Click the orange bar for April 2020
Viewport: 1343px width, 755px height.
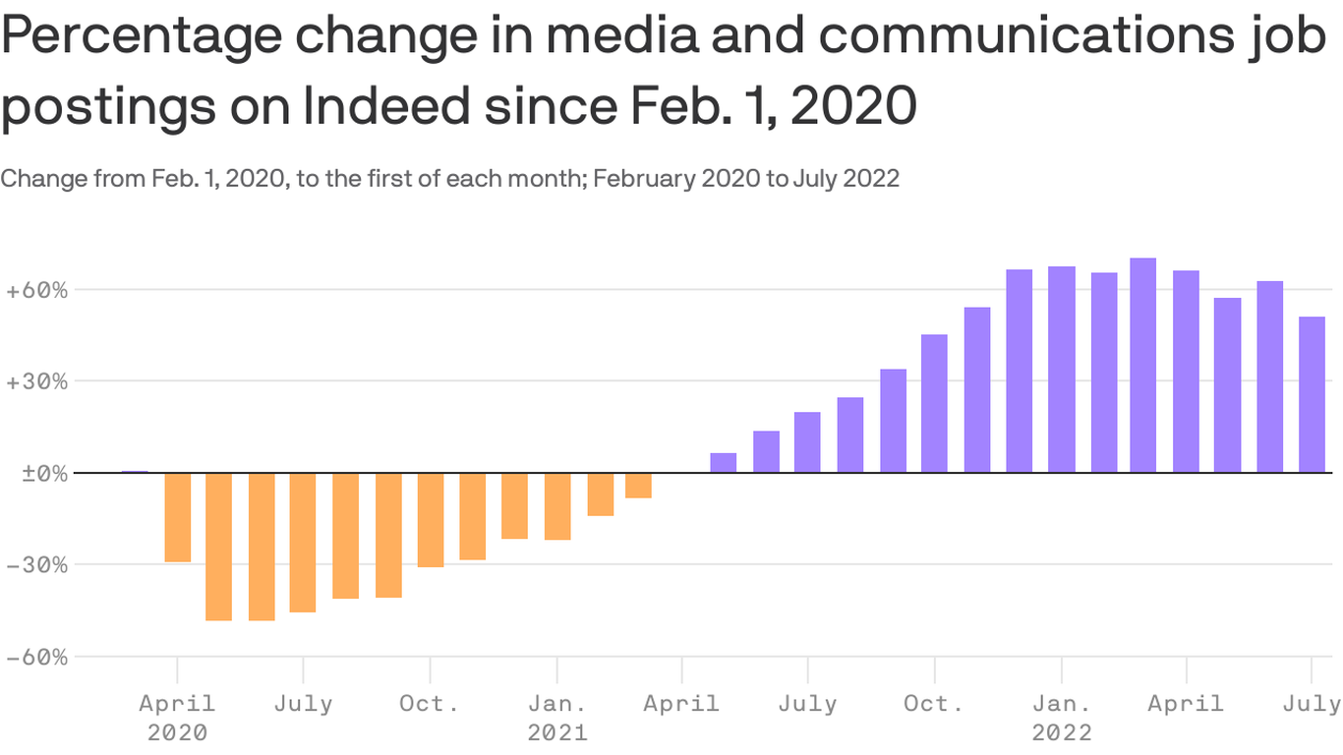177,517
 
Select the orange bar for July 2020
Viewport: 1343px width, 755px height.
303,542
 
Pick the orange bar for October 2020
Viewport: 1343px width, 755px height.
430,519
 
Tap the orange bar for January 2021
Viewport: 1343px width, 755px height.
557,505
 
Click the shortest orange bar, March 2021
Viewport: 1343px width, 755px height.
638,485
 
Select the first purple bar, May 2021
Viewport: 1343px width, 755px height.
723,462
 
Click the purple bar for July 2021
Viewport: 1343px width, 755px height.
807,441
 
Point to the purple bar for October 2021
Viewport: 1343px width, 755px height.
934,403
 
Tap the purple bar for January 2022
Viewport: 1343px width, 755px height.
1061,369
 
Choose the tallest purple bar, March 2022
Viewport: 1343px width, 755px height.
1142,365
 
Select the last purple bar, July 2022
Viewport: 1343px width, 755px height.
1312,394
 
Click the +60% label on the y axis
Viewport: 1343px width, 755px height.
36,290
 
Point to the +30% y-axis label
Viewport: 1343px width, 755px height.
36,381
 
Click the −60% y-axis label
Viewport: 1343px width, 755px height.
36,657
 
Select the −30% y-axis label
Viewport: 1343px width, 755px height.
36,564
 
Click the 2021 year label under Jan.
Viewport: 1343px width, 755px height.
557,732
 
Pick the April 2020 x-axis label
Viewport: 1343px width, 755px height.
177,704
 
